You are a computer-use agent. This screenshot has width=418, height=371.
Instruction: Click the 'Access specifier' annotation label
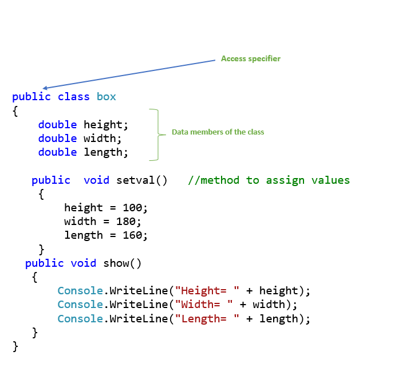[x=250, y=59]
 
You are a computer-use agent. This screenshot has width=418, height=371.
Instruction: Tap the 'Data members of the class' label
[x=218, y=132]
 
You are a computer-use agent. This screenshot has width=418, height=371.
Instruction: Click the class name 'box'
[x=106, y=96]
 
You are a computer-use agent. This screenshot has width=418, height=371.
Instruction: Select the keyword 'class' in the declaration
[x=74, y=96]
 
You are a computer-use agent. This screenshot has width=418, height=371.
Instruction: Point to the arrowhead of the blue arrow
[x=45, y=88]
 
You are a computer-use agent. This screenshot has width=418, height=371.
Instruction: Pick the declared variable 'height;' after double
[x=107, y=124]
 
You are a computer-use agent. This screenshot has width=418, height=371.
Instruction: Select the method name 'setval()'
[x=141, y=180]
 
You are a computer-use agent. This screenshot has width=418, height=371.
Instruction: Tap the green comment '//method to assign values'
[x=269, y=180]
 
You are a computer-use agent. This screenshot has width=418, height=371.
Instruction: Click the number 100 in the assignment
[x=136, y=207]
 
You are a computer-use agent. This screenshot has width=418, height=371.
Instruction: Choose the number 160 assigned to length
[x=136, y=235]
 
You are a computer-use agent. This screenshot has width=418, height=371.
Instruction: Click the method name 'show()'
[x=122, y=263]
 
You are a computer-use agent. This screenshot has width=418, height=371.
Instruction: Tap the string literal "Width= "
[x=204, y=305]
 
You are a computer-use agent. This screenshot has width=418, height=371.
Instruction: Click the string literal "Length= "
[x=208, y=319]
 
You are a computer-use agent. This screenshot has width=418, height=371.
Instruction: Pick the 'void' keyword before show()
[x=84, y=263]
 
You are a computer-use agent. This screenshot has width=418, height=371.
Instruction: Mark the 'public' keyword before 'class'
[x=31, y=96]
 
